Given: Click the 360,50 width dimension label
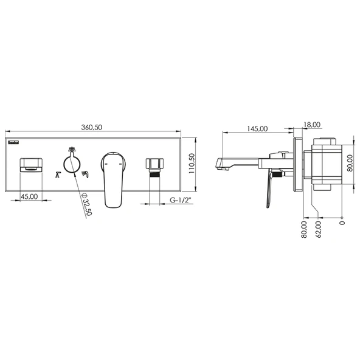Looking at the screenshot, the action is click(92, 128).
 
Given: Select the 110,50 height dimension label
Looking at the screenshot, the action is click(192, 164).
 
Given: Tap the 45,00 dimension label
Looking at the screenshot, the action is click(29, 197).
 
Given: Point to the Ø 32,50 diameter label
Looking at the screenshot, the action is click(87, 204).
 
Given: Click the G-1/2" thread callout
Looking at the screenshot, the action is click(181, 200).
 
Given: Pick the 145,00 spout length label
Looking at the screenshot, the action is click(257, 128).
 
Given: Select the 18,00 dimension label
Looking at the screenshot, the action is click(312, 125).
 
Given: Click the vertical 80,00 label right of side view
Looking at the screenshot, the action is click(350, 163).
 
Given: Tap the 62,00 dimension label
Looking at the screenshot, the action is click(318, 229).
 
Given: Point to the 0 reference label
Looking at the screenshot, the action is click(342, 223).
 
